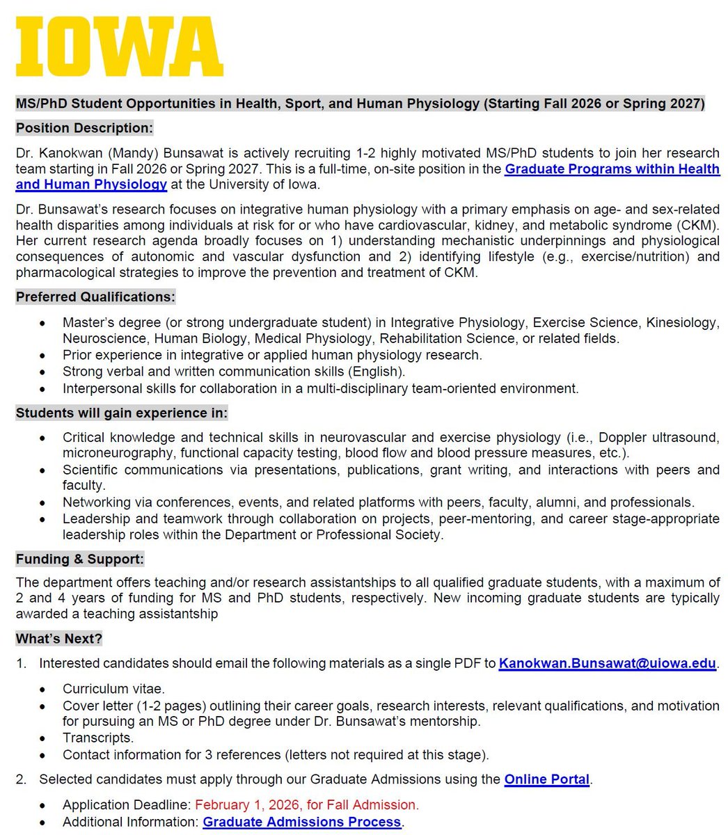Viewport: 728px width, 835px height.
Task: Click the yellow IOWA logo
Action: coord(119,47)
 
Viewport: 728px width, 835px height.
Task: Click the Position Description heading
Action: coord(84,128)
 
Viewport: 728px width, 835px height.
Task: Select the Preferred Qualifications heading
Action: coord(95,297)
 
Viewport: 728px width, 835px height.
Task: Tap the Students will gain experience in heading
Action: coord(121,413)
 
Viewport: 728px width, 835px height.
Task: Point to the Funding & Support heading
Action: coord(80,559)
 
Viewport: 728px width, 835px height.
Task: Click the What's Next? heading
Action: coord(59,638)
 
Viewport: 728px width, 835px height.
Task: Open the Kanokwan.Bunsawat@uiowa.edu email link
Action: coord(607,663)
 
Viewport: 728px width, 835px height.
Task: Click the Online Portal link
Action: coord(546,779)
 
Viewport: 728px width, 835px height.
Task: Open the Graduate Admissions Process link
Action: coord(302,822)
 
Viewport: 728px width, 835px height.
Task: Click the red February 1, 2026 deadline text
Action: coord(306,805)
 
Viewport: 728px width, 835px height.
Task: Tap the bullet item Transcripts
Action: coord(97,738)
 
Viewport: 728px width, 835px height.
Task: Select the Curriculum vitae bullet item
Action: coord(113,689)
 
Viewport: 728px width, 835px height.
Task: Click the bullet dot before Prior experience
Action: coord(44,356)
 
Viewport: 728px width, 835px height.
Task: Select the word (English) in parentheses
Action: coord(377,372)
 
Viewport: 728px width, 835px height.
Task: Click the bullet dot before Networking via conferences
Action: coord(44,502)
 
